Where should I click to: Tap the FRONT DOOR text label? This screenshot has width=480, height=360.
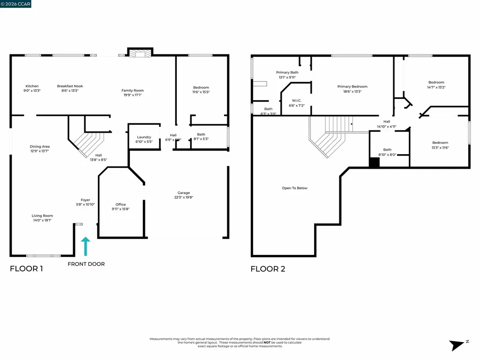pos(86,264)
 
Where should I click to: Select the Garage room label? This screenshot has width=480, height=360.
pos(184,193)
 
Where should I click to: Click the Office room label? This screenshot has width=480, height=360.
pos(120,204)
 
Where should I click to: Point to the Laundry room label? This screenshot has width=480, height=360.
pos(144,137)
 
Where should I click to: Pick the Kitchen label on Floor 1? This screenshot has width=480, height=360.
pos(32,86)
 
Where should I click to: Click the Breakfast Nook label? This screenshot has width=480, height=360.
pos(70,86)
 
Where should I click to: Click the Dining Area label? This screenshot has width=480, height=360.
pos(39,146)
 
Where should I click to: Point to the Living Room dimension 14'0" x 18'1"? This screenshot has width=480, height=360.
pos(42,220)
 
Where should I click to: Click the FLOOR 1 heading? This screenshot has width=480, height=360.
pos(26,269)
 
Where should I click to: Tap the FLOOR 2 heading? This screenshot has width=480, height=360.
pos(268,269)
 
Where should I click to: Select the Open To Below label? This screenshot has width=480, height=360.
pos(295,188)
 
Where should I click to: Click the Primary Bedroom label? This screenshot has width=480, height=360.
pos(352,86)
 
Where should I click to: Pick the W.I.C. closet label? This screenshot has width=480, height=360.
pos(296,100)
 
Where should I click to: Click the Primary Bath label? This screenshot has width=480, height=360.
pos(287,72)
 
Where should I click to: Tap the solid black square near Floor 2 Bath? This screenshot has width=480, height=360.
pos(374,163)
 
